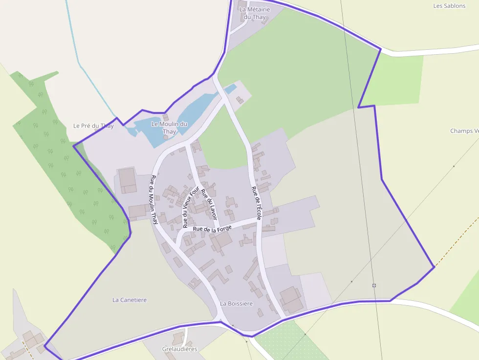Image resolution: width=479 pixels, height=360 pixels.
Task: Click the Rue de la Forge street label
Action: coord(212,228)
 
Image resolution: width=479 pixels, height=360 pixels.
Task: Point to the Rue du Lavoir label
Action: coord(209,203)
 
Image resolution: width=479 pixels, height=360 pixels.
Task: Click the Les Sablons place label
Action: coord(449,6)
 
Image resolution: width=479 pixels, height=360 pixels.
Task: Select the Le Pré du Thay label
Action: coord(93,126)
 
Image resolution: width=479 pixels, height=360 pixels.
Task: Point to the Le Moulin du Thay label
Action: coord(169,128)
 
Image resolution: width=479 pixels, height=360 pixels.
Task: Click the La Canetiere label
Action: coord(130,300)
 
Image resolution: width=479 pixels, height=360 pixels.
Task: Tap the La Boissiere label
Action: coord(237,303)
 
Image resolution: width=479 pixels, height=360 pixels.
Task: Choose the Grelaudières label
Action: coord(179,349)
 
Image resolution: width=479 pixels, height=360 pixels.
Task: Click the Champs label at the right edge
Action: coord(464,131)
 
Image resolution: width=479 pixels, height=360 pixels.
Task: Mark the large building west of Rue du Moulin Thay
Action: coord(128,180)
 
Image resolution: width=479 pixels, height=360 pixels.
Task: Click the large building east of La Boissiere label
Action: coord(291,299)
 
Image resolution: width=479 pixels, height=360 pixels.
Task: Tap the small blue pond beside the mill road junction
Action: coord(230,89)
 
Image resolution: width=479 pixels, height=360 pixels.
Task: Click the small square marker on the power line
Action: coord(374,285)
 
